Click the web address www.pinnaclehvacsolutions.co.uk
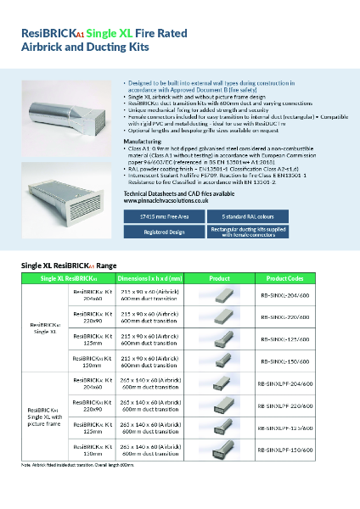point(166,200)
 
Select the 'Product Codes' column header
point(284,278)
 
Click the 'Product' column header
point(220,278)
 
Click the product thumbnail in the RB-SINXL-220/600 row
point(220,316)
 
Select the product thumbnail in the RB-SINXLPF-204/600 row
point(220,383)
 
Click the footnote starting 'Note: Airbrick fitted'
point(78,465)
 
